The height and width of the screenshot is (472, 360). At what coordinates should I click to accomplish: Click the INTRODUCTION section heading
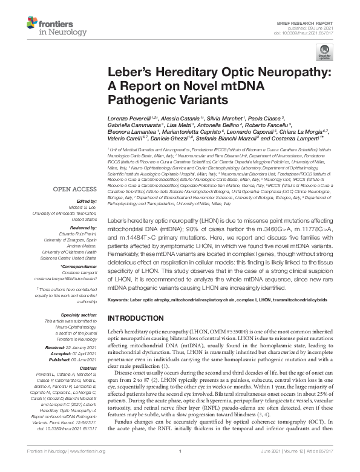[x=139, y=318]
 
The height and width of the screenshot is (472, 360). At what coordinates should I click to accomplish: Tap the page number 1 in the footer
[x=180, y=467]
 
